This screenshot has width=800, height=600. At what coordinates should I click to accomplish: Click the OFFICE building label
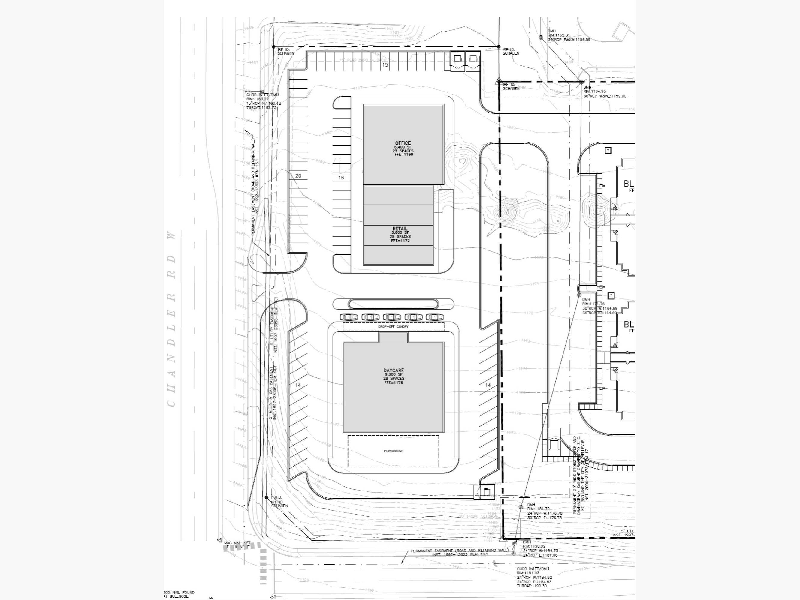403,143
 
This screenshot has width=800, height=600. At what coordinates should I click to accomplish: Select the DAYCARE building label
394,370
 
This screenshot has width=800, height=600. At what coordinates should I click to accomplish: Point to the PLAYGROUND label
394,451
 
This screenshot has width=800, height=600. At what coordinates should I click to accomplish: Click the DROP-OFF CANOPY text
394,327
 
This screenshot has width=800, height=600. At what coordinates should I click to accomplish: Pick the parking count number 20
298,176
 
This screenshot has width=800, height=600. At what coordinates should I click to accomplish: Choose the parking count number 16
341,178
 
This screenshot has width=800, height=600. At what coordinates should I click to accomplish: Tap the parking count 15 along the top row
385,65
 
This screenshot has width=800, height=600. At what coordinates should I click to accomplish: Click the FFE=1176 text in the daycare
394,382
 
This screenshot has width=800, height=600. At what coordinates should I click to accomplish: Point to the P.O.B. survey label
276,497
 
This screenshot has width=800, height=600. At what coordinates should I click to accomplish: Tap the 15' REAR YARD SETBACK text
362,60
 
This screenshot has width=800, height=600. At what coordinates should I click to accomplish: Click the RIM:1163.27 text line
258,99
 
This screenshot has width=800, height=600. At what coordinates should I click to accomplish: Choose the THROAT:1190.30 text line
532,586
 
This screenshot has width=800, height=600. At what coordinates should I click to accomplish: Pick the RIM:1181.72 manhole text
538,509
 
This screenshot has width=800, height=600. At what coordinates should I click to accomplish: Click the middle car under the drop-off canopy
392,317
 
